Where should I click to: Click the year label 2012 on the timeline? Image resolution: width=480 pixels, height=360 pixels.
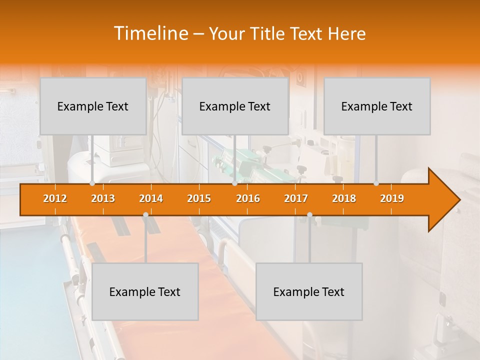pyautogui.click(x=55, y=198)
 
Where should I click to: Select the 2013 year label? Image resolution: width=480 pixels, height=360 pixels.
pyautogui.click(x=103, y=198)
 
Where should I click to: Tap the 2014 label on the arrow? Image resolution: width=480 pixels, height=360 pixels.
pyautogui.click(x=151, y=198)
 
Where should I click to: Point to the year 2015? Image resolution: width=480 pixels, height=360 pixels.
pyautogui.click(x=199, y=198)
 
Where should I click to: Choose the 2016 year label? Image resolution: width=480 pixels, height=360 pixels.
pyautogui.click(x=248, y=198)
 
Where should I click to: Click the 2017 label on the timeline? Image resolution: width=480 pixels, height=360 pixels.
pyautogui.click(x=296, y=198)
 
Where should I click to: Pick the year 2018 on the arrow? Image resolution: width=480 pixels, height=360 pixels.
pyautogui.click(x=344, y=198)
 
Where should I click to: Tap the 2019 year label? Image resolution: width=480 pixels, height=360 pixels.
pyautogui.click(x=392, y=198)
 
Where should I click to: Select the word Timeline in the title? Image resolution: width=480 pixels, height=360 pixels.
pyautogui.click(x=150, y=33)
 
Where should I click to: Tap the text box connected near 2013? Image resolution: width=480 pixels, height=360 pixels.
pyautogui.click(x=93, y=106)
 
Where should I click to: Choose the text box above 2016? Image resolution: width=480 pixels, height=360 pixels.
pyautogui.click(x=235, y=106)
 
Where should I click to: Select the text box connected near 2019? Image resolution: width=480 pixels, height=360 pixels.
pyautogui.click(x=377, y=106)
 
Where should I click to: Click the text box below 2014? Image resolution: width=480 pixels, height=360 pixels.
pyautogui.click(x=145, y=291)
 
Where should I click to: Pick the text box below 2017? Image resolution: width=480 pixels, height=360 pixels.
pyautogui.click(x=309, y=291)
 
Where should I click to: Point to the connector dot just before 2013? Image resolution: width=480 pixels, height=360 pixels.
pyautogui.click(x=92, y=183)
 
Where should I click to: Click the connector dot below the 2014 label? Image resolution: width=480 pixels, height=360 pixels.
pyautogui.click(x=145, y=214)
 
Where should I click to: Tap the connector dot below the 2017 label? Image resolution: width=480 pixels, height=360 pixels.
pyautogui.click(x=309, y=214)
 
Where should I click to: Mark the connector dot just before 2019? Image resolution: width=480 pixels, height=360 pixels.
pyautogui.click(x=376, y=183)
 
